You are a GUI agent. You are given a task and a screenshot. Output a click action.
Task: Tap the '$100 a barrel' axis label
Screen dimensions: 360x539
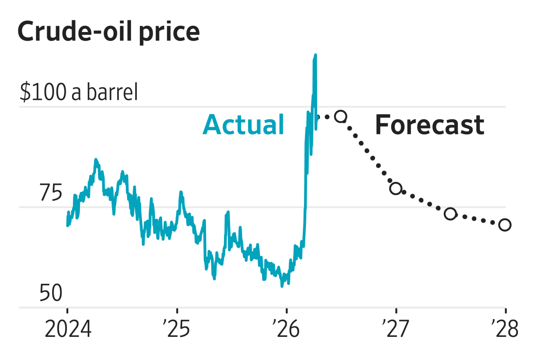pyautogui.click(x=79, y=92)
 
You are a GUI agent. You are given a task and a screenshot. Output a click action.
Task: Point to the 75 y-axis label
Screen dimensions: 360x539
pyautogui.click(x=51, y=193)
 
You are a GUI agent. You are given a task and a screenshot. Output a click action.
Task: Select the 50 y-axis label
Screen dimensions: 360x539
pyautogui.click(x=51, y=293)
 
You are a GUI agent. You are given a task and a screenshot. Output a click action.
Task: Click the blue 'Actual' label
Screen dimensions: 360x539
pyautogui.click(x=243, y=125)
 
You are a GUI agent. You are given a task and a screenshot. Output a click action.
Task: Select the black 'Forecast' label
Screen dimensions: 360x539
pyautogui.click(x=430, y=125)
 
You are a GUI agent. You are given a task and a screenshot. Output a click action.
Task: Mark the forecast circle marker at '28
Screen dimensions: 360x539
pyautogui.click(x=505, y=225)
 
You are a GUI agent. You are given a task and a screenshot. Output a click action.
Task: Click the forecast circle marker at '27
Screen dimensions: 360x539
pyautogui.click(x=396, y=188)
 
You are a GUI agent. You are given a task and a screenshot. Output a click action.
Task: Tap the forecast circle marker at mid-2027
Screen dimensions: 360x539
pyautogui.click(x=450, y=214)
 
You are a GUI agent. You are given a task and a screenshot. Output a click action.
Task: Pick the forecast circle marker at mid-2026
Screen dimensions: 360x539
pyautogui.click(x=341, y=117)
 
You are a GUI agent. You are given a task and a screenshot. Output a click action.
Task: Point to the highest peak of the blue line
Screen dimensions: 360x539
pyautogui.click(x=315, y=55)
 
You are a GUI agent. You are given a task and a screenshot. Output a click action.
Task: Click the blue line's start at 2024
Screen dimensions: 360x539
pyautogui.click(x=67, y=225)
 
